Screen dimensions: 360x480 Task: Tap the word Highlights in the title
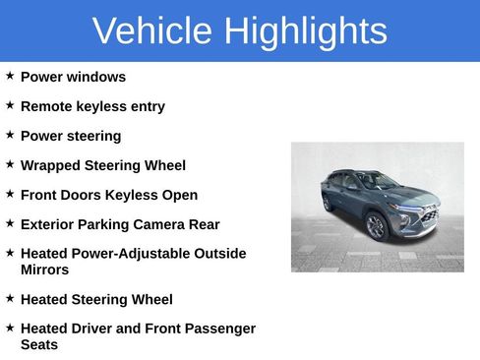click(305, 31)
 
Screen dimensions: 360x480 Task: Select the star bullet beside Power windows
click(10, 76)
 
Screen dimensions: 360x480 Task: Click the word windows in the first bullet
click(96, 77)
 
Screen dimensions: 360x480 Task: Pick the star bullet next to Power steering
click(10, 135)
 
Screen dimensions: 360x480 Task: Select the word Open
click(180, 195)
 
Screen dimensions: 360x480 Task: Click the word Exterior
click(50, 224)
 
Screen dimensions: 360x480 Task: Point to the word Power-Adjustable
click(120, 254)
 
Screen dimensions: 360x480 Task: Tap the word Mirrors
click(45, 270)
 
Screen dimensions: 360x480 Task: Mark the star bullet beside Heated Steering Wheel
click(10, 298)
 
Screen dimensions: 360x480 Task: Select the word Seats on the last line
click(39, 344)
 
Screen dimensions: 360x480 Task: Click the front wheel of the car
click(376, 226)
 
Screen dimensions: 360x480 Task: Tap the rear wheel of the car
click(329, 204)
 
